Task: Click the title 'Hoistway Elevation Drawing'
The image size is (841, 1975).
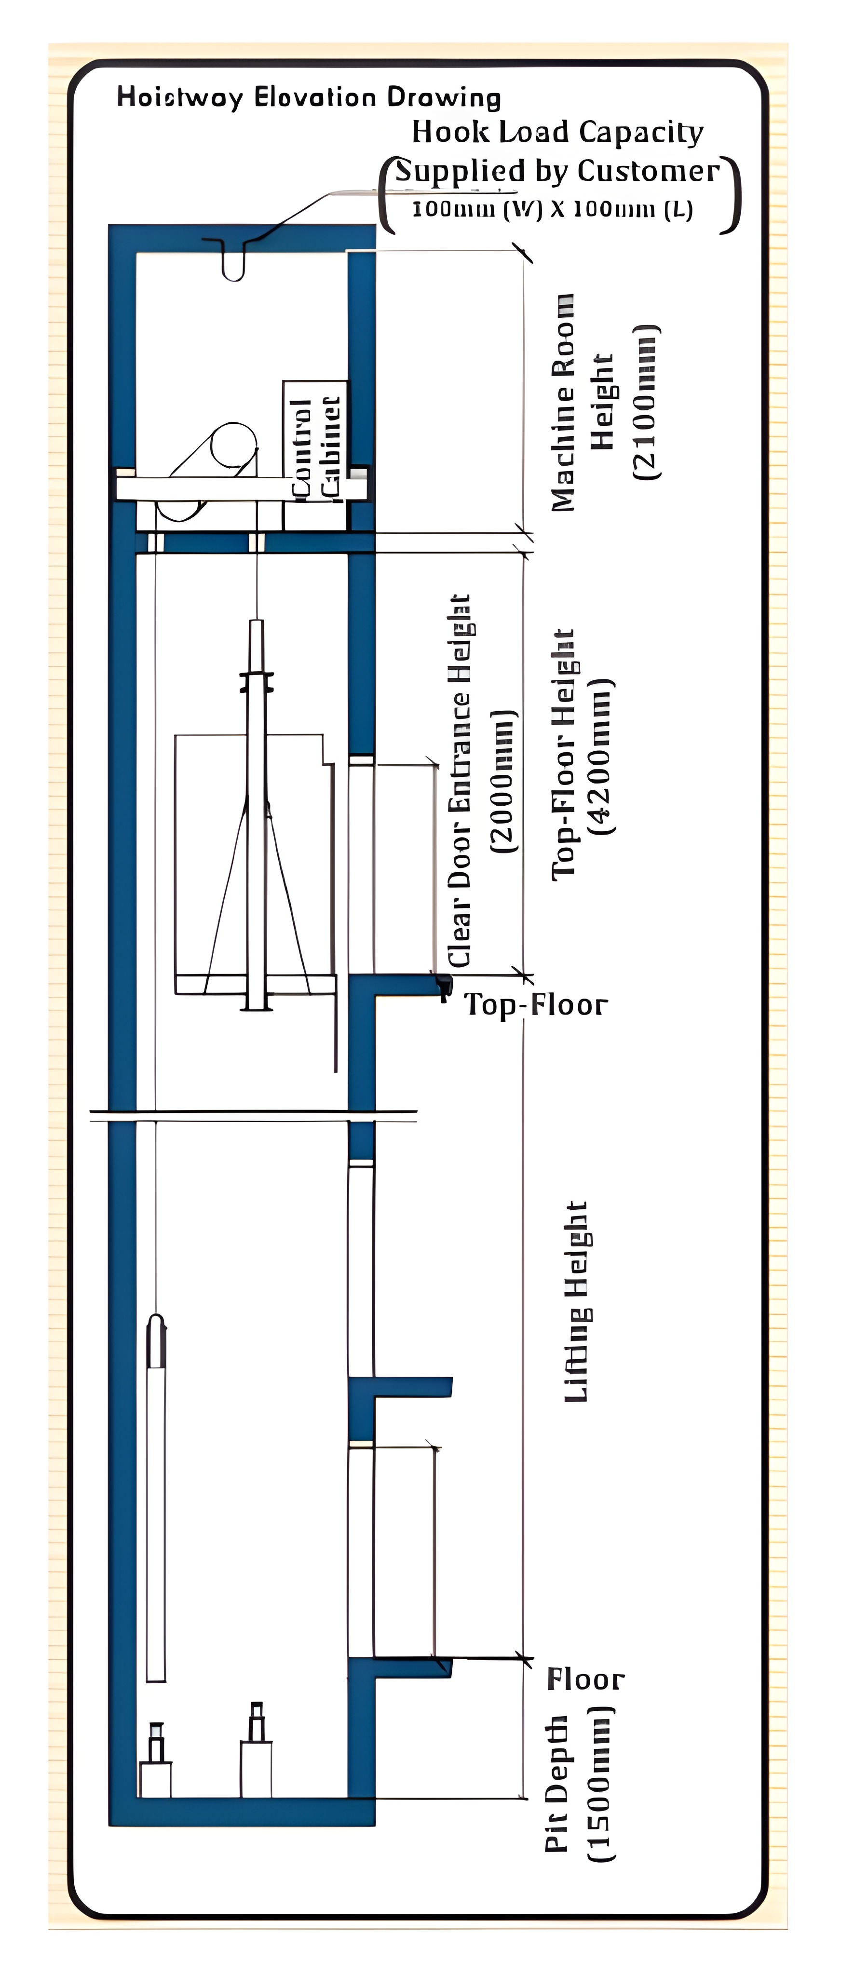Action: point(308,97)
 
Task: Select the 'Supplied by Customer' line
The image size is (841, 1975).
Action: point(557,170)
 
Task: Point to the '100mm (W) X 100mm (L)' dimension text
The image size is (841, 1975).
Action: point(552,209)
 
